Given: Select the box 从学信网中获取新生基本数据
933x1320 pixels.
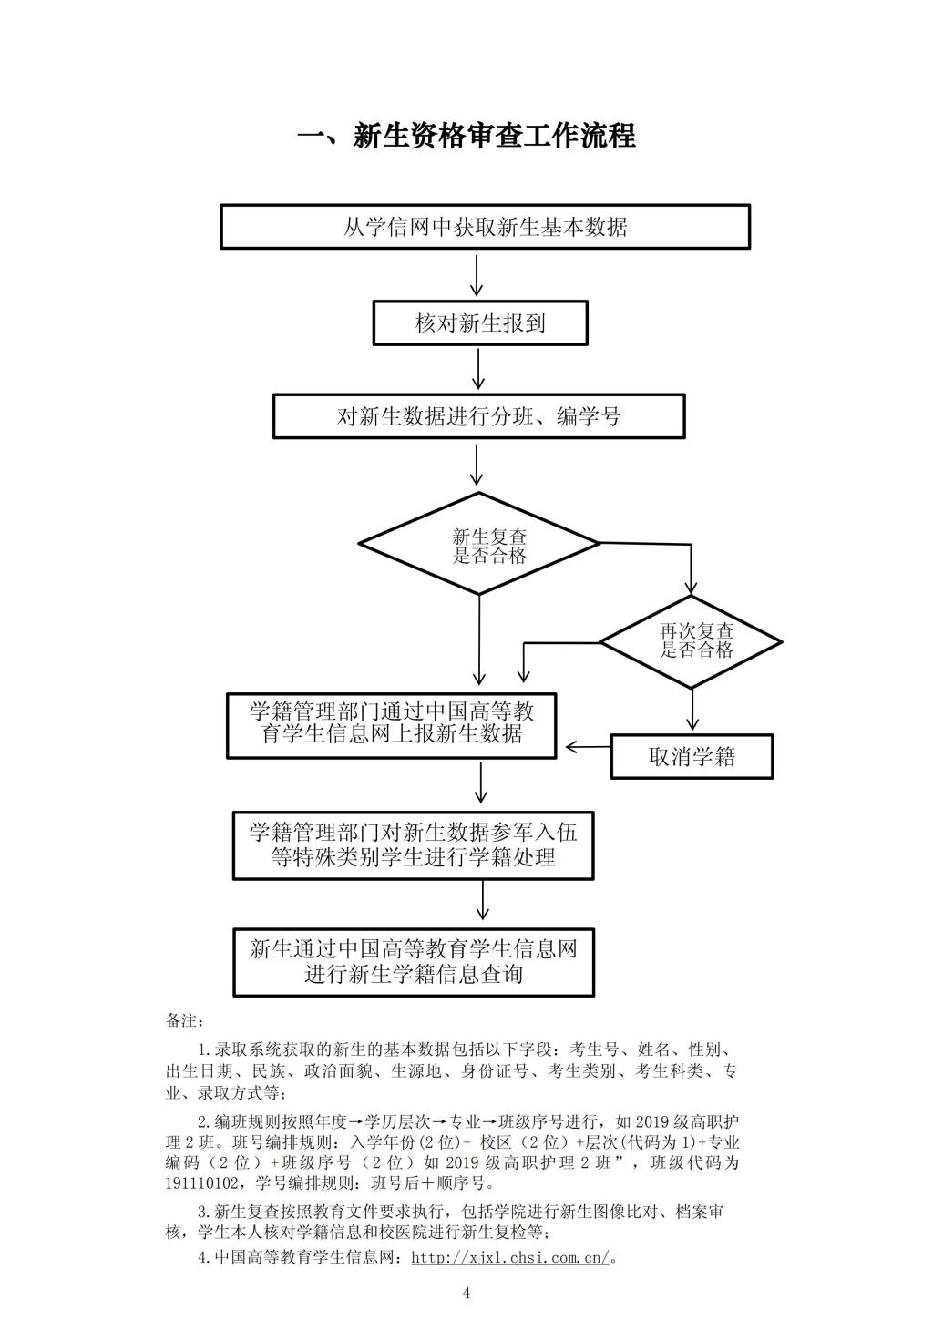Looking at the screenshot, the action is (485, 227).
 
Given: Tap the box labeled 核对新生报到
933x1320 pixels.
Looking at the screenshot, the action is (480, 322).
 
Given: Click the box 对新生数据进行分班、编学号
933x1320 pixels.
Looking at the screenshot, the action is (478, 416).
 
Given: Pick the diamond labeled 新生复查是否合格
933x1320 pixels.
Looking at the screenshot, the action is (478, 543).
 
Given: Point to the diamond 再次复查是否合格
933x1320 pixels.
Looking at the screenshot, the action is (691, 641).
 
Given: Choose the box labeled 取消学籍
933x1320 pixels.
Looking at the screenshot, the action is (692, 757).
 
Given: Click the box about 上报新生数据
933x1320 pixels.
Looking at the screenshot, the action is (392, 725).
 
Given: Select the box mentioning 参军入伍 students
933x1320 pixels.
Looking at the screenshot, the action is (413, 845).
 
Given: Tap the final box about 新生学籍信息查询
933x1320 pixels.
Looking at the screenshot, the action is (414, 962).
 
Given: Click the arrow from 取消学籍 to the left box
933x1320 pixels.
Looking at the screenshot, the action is (589, 747).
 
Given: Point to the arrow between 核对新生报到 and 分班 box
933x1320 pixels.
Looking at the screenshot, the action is (478, 369).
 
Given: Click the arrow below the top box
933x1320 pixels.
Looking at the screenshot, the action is (477, 275).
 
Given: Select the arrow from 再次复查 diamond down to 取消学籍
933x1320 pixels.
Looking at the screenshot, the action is (693, 709).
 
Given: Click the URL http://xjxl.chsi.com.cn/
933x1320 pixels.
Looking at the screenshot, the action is (510, 1257).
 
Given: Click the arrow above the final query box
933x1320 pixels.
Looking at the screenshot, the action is (483, 900).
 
